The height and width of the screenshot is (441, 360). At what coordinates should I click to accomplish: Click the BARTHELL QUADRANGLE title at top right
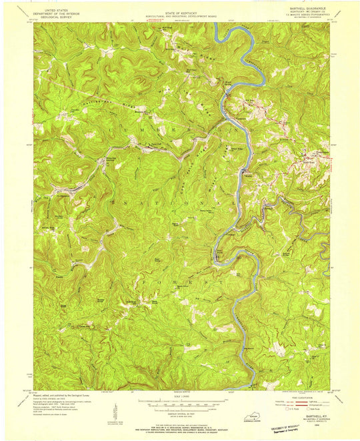coord(308,10)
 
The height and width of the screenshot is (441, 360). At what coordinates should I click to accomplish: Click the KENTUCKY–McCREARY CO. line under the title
coord(308,13)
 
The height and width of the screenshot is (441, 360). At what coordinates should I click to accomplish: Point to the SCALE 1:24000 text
coord(179,398)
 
